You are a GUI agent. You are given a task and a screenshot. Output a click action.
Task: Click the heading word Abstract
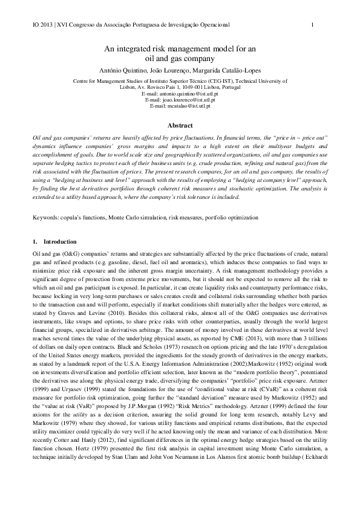(180, 126)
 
